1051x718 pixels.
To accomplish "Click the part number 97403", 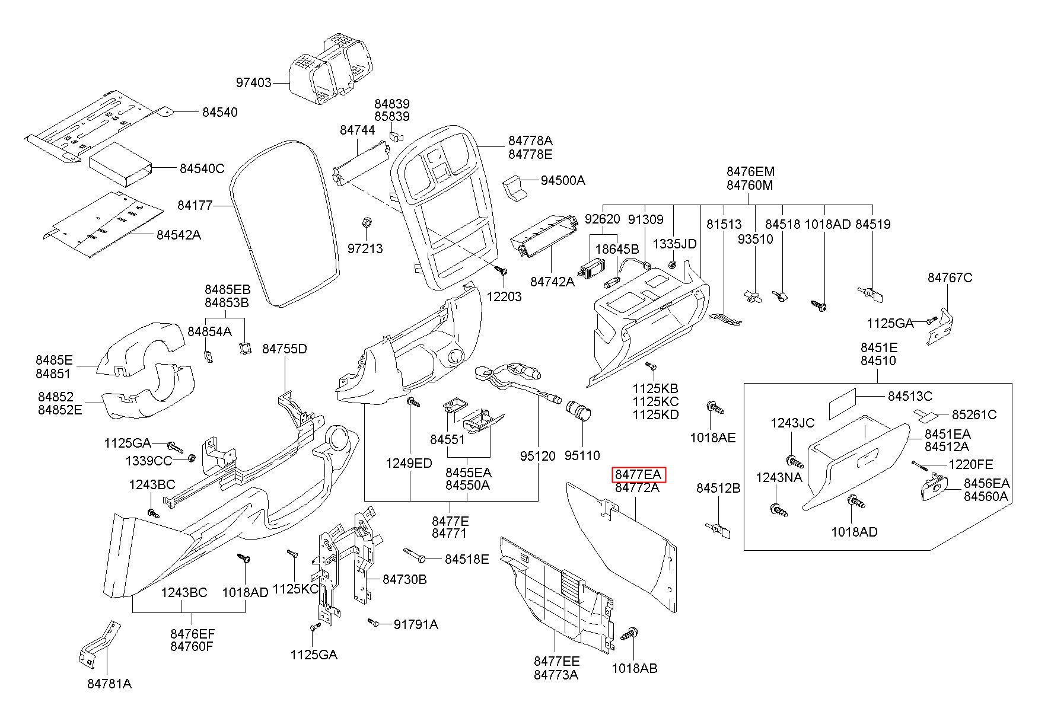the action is click(x=253, y=83).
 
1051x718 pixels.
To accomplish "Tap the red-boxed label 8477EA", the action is click(x=638, y=474).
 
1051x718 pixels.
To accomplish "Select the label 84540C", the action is click(x=202, y=169).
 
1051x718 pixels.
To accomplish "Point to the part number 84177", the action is click(x=195, y=206).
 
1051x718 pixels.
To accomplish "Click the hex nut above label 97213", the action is click(x=367, y=222).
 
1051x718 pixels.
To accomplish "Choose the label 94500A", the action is click(x=563, y=180).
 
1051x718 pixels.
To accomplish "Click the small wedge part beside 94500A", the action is click(x=515, y=187).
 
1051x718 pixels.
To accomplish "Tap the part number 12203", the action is click(x=504, y=296).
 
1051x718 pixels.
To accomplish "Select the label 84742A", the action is click(x=552, y=282).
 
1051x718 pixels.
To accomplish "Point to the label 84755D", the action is click(x=285, y=349).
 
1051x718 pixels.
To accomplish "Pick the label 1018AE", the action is click(x=713, y=438).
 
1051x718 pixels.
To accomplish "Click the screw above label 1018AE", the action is click(x=715, y=409).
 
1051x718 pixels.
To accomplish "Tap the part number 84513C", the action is click(x=910, y=396).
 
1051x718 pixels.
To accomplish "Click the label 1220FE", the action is click(x=971, y=464).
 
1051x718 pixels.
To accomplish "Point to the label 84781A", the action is click(x=110, y=684).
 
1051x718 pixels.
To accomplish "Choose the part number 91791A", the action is click(x=416, y=624).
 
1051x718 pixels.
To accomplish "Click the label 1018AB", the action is click(x=635, y=668).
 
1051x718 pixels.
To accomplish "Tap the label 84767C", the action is click(x=950, y=277).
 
